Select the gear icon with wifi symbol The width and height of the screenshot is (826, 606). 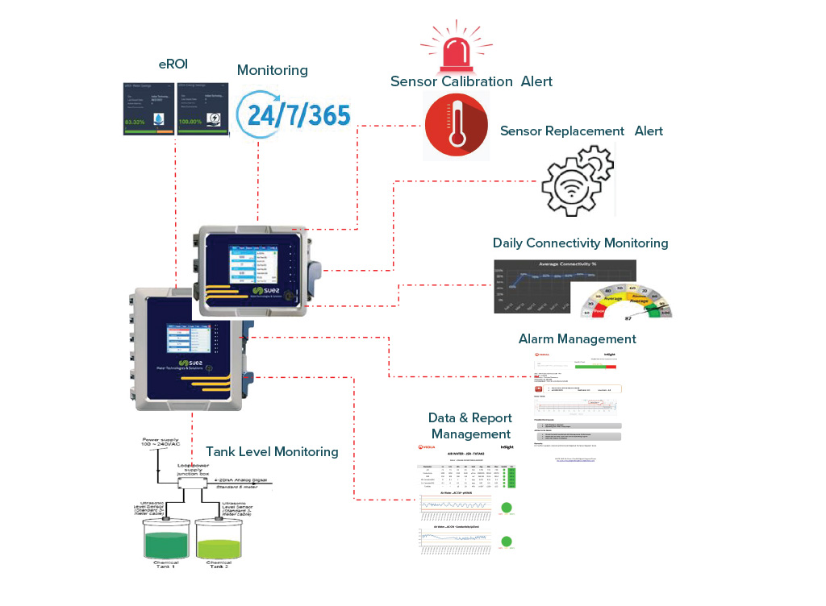point(577,181)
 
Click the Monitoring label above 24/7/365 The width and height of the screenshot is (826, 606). point(272,70)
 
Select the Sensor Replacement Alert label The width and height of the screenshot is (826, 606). point(581,131)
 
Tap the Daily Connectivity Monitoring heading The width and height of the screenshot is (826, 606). point(581,243)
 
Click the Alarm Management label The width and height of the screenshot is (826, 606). point(577,338)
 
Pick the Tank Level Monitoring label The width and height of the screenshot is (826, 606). point(272,451)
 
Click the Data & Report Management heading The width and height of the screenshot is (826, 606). point(470,426)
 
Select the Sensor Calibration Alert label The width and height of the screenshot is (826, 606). point(471,81)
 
